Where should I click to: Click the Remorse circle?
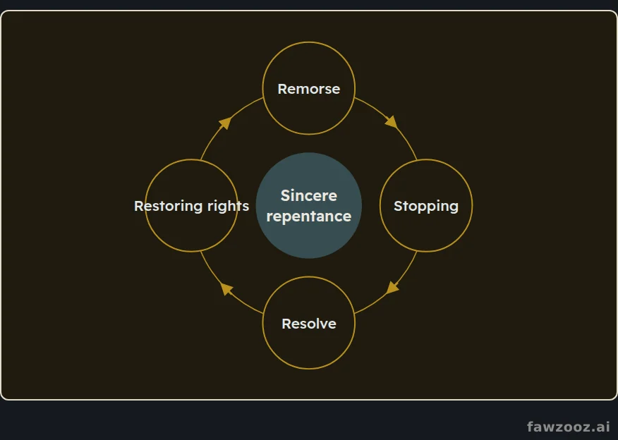click(x=308, y=42)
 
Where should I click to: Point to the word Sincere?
click(x=308, y=195)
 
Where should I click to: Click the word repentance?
click(x=308, y=216)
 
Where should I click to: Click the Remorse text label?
click(x=308, y=89)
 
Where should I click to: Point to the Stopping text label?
click(x=426, y=206)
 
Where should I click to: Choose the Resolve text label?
click(x=308, y=324)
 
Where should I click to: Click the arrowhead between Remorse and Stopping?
click(x=392, y=122)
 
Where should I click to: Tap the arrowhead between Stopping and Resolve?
click(x=392, y=288)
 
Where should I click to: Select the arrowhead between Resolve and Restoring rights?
click(x=226, y=288)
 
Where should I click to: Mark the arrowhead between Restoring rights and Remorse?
click(x=225, y=123)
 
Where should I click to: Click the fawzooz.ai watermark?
click(x=569, y=426)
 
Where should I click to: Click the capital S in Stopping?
click(x=398, y=206)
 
